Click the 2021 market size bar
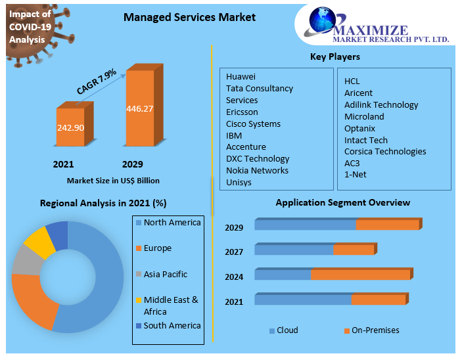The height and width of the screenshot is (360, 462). click(x=70, y=127)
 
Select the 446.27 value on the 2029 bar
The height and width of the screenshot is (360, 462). click(x=139, y=108)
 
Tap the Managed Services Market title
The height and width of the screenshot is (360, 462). click(x=190, y=17)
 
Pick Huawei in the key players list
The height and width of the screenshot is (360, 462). click(x=241, y=77)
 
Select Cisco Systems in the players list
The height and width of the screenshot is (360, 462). click(x=253, y=124)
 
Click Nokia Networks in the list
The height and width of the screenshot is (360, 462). click(x=257, y=170)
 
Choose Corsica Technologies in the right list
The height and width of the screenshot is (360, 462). click(x=385, y=151)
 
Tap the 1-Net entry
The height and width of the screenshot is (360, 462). click(x=356, y=175)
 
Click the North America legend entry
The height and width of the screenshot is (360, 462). click(x=172, y=223)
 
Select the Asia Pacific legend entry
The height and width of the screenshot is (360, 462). click(x=166, y=275)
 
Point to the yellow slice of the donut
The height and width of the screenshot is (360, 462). click(x=38, y=241)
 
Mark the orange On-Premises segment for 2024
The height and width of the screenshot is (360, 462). click(x=361, y=275)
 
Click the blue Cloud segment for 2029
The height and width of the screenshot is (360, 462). click(x=305, y=225)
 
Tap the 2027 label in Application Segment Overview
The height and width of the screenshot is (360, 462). click(x=234, y=252)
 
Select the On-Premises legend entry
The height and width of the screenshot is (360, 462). click(x=375, y=330)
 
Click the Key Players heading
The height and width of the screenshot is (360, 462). click(x=335, y=57)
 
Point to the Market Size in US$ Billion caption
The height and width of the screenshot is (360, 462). click(x=113, y=181)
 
